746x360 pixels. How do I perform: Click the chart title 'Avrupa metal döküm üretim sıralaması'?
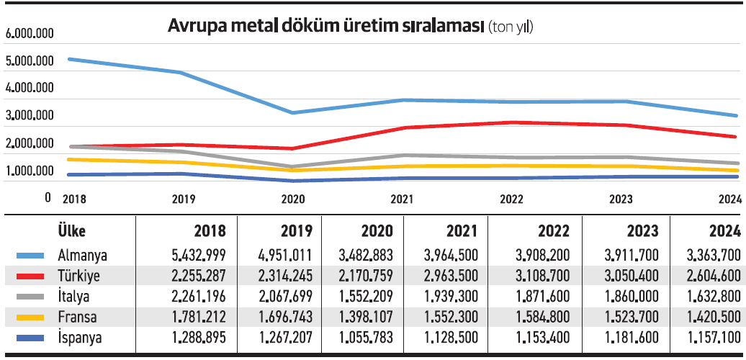[x=325, y=27]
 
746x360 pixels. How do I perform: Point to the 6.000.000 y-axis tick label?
[x=29, y=33]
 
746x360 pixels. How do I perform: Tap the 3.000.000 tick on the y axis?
[x=29, y=116]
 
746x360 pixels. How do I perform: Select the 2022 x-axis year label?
[x=511, y=199]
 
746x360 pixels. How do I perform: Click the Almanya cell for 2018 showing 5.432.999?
[x=199, y=255]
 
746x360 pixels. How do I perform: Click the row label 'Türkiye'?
[x=79, y=275]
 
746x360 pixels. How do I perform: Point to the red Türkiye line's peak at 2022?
[x=511, y=122]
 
